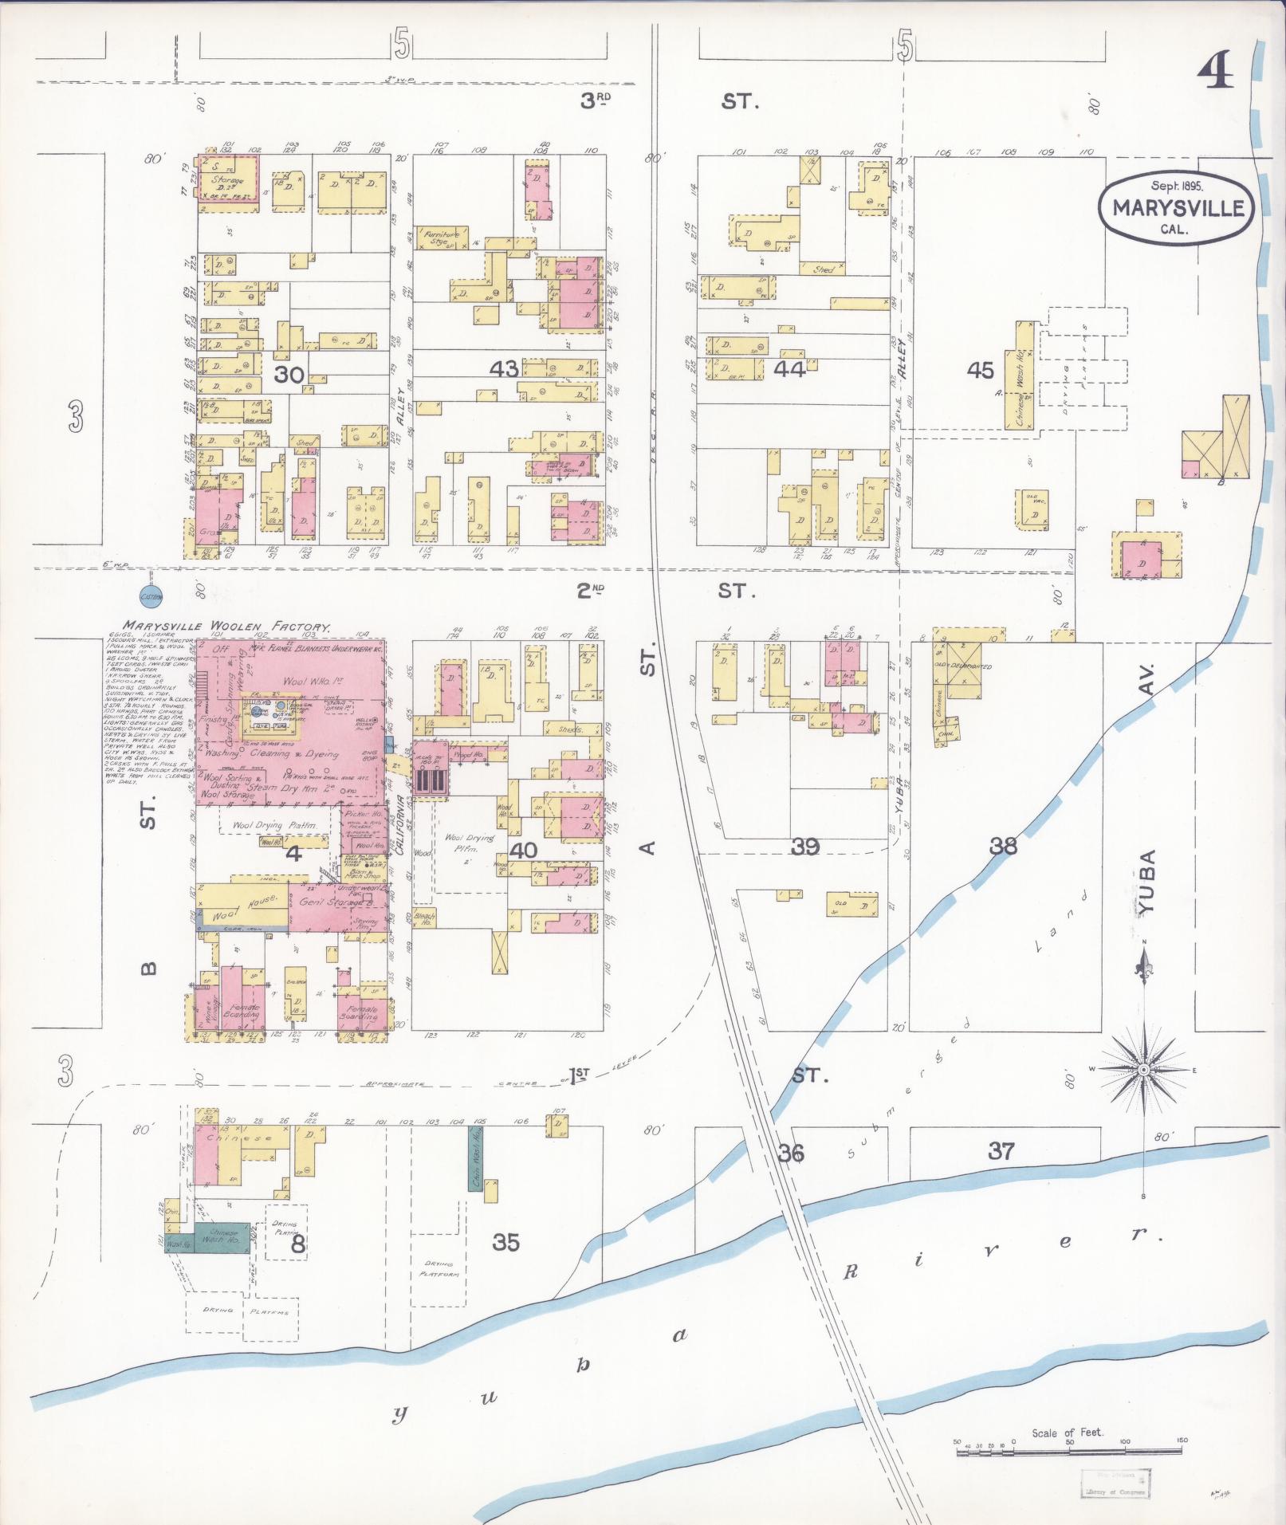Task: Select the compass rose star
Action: [x=1144, y=1069]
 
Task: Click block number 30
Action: [x=289, y=375]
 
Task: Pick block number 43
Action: [x=505, y=368]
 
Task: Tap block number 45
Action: [x=980, y=369]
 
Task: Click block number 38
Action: [x=1003, y=846]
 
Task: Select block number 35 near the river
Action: [x=506, y=1242]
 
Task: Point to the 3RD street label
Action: [x=595, y=100]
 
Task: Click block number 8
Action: [x=297, y=1244]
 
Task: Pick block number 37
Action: [x=1001, y=1151]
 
